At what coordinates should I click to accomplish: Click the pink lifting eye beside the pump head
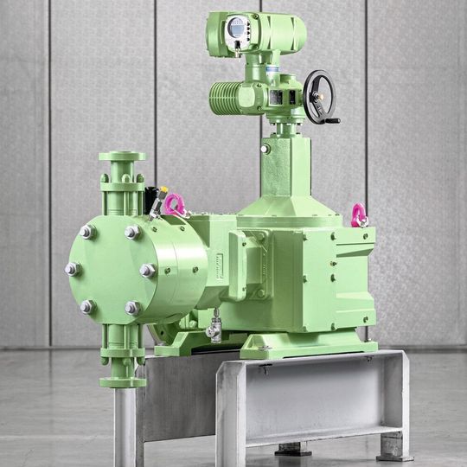[x=176, y=205]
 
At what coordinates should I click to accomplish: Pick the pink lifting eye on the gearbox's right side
[x=358, y=214]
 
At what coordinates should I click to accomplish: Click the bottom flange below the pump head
[x=122, y=380]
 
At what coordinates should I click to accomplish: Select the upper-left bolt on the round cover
[x=86, y=232]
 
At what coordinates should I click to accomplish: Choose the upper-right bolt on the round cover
[x=132, y=232]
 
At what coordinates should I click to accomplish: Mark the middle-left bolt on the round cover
[x=73, y=269]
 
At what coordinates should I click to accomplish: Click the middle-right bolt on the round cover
[x=148, y=270]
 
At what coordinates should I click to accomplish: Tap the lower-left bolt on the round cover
[x=86, y=306]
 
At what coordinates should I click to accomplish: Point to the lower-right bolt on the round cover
[x=132, y=307]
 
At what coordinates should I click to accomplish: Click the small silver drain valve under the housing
[x=214, y=329]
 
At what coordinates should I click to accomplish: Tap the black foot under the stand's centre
[x=293, y=449]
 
